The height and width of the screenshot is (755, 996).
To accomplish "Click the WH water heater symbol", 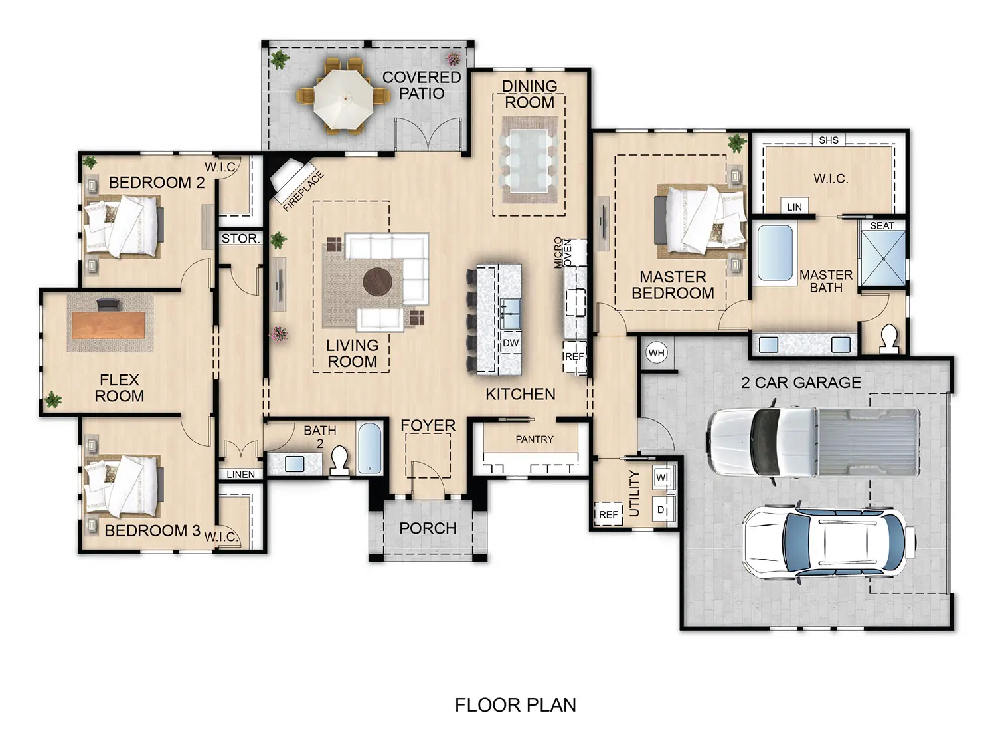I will point(656,353).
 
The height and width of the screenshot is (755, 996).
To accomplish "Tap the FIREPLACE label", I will point(303,191).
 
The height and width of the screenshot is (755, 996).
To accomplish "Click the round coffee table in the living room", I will point(378,281).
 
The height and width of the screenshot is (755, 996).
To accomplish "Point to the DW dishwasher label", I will point(511,343).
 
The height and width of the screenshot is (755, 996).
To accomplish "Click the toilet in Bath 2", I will point(339,459).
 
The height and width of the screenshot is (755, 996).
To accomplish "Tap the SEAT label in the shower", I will point(882,226).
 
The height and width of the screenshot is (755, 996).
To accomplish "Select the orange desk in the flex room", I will point(108,324).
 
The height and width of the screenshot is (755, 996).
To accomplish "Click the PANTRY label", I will point(535,439).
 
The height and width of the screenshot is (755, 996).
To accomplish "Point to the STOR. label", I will point(240,238).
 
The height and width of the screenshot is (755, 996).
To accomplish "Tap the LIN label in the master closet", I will point(794,207).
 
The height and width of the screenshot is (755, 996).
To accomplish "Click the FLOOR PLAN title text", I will point(515,705).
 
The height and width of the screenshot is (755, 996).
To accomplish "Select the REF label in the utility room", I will point(608,514).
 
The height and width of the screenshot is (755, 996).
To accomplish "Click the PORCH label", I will point(428,528).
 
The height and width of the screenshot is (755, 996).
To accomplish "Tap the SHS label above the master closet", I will point(829,140).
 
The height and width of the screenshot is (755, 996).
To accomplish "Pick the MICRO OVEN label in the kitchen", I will point(562,253).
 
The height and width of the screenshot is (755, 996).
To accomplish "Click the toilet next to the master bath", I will point(888,338).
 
